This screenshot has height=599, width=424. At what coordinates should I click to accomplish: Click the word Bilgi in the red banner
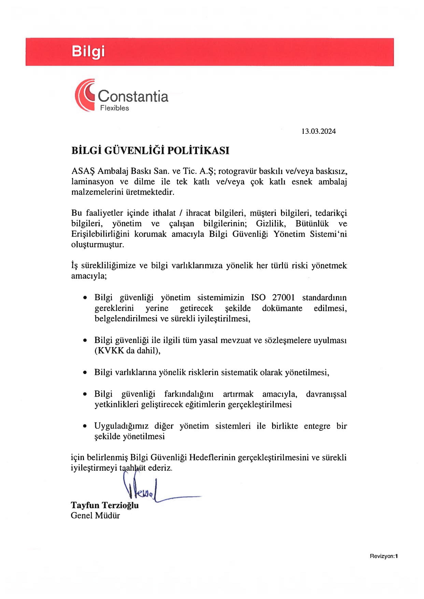point(88,52)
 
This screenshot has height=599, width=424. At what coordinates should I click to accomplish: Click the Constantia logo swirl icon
point(85,95)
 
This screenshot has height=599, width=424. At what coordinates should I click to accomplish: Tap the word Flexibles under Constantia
point(114,108)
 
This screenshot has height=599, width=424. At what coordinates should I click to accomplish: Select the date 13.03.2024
point(318,131)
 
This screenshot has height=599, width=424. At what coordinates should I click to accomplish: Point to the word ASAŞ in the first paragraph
point(83,171)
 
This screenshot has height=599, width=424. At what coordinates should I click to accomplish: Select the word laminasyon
point(92,182)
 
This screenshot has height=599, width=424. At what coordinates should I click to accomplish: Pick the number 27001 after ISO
point(283,297)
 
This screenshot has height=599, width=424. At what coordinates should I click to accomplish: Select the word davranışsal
point(326,394)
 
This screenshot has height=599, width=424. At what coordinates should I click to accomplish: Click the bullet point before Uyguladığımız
point(85,426)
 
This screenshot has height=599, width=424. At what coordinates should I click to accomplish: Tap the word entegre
point(317,426)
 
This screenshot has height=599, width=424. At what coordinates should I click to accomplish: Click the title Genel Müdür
point(95,515)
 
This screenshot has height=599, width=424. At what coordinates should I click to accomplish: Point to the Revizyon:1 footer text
point(383,556)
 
